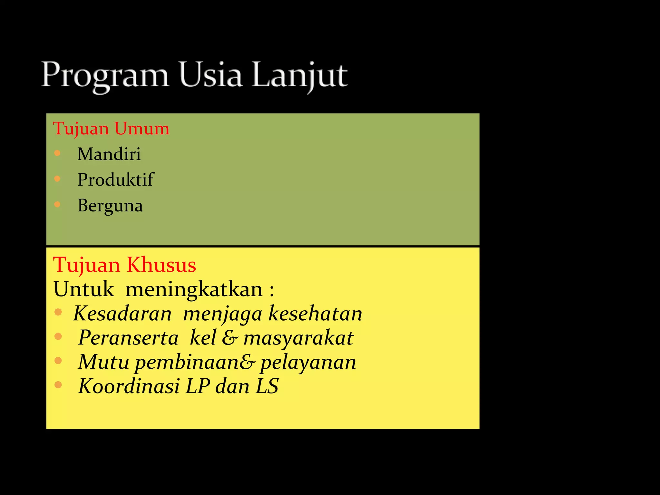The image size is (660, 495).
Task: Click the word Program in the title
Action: (105, 76)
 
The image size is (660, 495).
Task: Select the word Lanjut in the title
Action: (300, 76)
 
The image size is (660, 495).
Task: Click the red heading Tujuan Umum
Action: (111, 129)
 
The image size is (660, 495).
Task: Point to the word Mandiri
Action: (109, 154)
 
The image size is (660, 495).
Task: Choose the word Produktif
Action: (115, 180)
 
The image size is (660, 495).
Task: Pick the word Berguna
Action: (110, 206)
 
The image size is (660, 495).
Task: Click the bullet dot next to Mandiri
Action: (57, 153)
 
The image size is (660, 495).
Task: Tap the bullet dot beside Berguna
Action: (57, 204)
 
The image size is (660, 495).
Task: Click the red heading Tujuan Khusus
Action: (125, 265)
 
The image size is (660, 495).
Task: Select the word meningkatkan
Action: (194, 289)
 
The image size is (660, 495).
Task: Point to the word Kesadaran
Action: (122, 313)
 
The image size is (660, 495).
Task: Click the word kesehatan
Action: (315, 313)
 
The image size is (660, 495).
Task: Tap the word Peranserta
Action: (128, 338)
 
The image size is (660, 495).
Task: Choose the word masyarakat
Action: (298, 338)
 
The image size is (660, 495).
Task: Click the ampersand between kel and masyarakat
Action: (230, 338)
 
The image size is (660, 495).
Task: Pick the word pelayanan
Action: (308, 362)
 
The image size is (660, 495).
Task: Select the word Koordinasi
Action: (129, 386)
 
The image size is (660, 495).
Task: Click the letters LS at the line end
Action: (267, 386)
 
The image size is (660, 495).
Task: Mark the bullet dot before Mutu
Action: (58, 361)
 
